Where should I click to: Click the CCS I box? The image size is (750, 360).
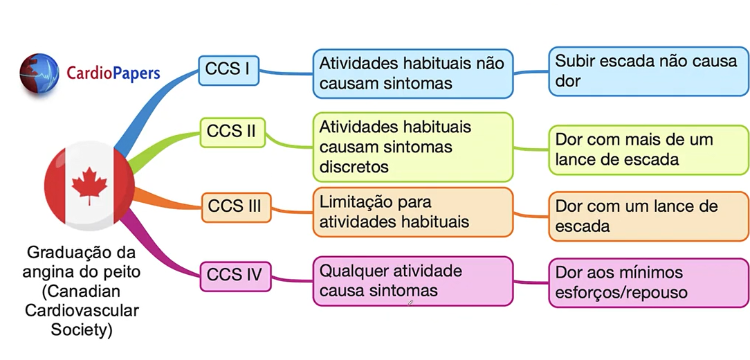click(228, 70)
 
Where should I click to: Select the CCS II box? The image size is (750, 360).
click(233, 132)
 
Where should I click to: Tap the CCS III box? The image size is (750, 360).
click(235, 206)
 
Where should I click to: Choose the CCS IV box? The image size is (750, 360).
click(235, 275)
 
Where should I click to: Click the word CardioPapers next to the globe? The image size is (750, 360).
click(113, 73)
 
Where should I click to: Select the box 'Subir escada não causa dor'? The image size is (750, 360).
click(648, 71)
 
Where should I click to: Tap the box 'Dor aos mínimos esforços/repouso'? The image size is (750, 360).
click(648, 282)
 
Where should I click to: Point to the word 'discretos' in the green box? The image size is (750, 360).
click(354, 167)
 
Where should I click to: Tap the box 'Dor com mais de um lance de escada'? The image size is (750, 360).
click(648, 149)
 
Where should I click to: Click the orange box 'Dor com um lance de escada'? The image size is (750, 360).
click(648, 216)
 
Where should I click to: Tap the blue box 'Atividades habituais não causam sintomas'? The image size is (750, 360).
click(412, 73)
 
